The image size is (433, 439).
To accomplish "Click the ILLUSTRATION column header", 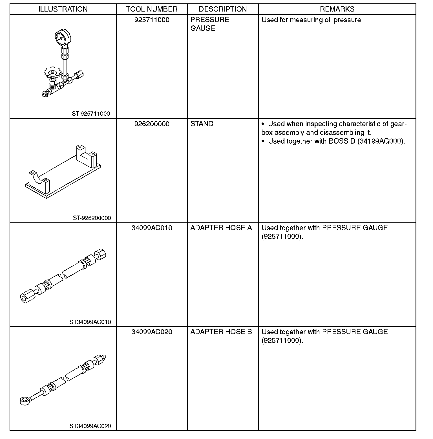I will point(63,9).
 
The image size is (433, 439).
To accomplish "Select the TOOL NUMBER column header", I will point(152,9).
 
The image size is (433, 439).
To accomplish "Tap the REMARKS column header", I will point(337,9).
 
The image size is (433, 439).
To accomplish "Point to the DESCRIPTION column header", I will point(223,9).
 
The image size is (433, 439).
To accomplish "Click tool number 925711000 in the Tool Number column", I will point(152,20).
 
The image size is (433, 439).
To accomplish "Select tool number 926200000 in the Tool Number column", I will point(152,124).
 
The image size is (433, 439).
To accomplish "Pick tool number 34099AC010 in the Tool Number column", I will point(152,228).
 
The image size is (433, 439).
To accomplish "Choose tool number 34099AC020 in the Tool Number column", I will point(152,332).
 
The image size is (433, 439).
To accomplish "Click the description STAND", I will point(202,124).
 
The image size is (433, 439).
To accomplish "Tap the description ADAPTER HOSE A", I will point(221,228).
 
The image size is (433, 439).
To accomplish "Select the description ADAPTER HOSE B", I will point(221,332).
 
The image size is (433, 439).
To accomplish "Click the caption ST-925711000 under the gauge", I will point(90,114).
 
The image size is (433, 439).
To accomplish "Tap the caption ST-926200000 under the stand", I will point(92,218).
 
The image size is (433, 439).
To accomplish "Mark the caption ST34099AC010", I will point(90,322).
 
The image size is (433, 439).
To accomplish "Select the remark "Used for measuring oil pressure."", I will point(312,20).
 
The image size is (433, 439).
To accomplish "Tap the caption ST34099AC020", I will point(90,426).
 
